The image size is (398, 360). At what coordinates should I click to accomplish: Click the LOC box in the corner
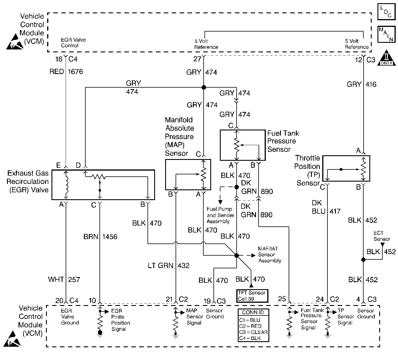pyautogui.click(x=386, y=12)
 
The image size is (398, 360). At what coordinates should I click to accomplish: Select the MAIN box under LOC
pyautogui.click(x=386, y=34)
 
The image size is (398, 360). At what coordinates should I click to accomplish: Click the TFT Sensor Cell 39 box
pyautogui.click(x=252, y=296)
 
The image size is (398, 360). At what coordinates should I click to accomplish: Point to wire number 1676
pyautogui.click(x=75, y=72)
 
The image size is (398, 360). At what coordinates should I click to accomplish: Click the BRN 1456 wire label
pyautogui.click(x=100, y=237)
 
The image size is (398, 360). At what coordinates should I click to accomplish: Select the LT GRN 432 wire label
pyautogui.click(x=169, y=265)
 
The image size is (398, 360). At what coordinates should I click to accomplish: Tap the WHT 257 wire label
pyautogui.click(x=64, y=280)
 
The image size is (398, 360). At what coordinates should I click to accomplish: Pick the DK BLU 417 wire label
pyautogui.click(x=326, y=207)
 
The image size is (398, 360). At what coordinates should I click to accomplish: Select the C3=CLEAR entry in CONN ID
pyautogui.click(x=253, y=332)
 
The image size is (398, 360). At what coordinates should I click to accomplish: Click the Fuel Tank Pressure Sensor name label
pyautogui.click(x=283, y=141)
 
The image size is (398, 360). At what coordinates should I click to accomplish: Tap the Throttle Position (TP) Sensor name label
pyautogui.click(x=307, y=171)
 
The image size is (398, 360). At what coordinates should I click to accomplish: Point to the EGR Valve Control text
pyautogui.click(x=73, y=43)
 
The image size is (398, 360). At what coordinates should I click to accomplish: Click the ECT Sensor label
pyautogui.click(x=382, y=236)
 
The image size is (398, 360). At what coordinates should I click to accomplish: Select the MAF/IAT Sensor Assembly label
pyautogui.click(x=270, y=254)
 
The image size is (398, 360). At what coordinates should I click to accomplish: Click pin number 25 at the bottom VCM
pyautogui.click(x=282, y=299)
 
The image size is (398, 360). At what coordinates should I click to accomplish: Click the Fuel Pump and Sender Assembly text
pyautogui.click(x=220, y=215)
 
